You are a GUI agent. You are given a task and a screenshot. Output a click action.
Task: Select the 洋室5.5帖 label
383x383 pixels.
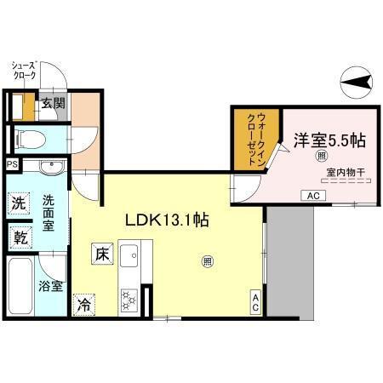pos(329,138)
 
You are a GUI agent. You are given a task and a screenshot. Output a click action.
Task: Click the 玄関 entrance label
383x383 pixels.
pos(53,104)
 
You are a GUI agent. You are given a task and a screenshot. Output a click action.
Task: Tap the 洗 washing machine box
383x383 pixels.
pos(19,203)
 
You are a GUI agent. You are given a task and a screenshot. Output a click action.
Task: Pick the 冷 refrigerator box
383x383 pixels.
pos(83,302)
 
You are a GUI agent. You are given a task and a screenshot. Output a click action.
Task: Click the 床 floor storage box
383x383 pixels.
pos(100,254)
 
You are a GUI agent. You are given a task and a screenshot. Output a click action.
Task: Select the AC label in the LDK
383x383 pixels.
pos(254,300)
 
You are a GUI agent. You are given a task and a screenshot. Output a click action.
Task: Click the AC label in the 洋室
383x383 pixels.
pos(312,196)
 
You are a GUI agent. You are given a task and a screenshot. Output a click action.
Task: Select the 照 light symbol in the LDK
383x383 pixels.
pos(208,262)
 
